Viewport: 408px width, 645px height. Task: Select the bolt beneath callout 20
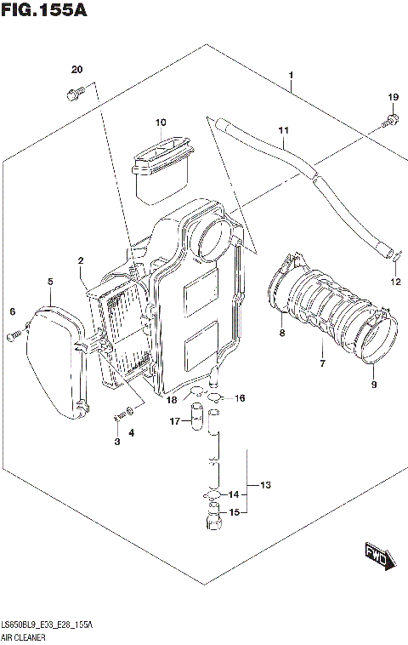click(71, 94)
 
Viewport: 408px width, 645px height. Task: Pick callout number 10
click(160, 123)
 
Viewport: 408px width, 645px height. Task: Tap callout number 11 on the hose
click(283, 130)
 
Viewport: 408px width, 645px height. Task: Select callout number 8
click(281, 334)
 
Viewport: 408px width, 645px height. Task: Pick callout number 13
click(265, 485)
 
